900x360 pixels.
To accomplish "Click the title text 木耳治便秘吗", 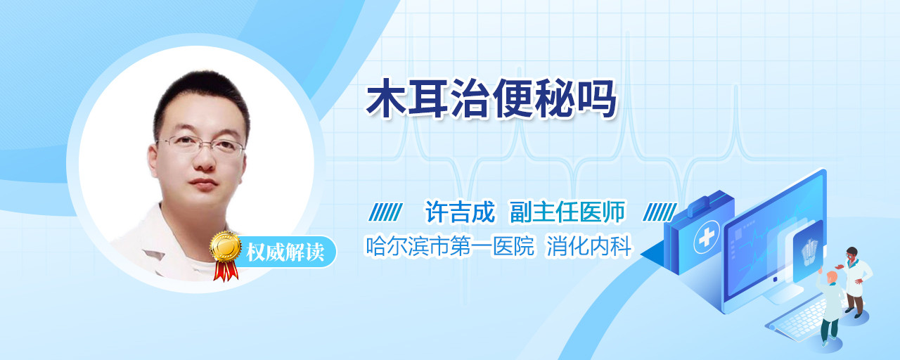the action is click(x=491, y=99).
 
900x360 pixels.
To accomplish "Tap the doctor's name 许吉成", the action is click(x=460, y=212).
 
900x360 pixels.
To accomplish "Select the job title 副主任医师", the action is click(x=567, y=212).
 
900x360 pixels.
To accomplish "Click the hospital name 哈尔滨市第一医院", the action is click(x=449, y=246).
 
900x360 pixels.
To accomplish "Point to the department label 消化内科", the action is click(x=589, y=246).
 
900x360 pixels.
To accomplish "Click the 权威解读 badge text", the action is click(x=285, y=252).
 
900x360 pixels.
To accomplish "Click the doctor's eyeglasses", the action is click(x=201, y=146).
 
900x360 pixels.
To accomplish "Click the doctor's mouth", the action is click(x=203, y=184).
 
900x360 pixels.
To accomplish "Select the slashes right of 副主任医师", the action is click(x=660, y=212).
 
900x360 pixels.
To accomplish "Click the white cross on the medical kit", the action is click(x=707, y=238).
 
